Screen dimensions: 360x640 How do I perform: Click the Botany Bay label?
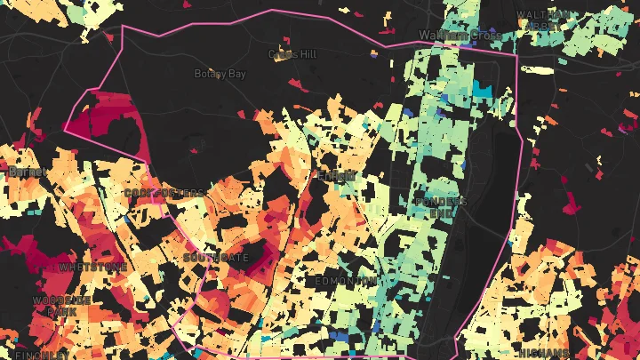pyautogui.click(x=220, y=74)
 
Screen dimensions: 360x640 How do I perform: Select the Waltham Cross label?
pyautogui.click(x=454, y=35)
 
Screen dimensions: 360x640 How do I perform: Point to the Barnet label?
pyautogui.click(x=20, y=172)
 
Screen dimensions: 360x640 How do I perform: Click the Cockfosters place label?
pyautogui.click(x=164, y=193)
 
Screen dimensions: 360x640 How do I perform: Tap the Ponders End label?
pyautogui.click(x=440, y=207)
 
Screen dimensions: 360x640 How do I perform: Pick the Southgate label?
pyautogui.click(x=216, y=257)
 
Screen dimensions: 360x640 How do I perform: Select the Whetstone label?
pyautogui.click(x=92, y=267)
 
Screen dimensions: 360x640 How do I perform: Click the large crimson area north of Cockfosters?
pyautogui.click(x=105, y=124)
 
